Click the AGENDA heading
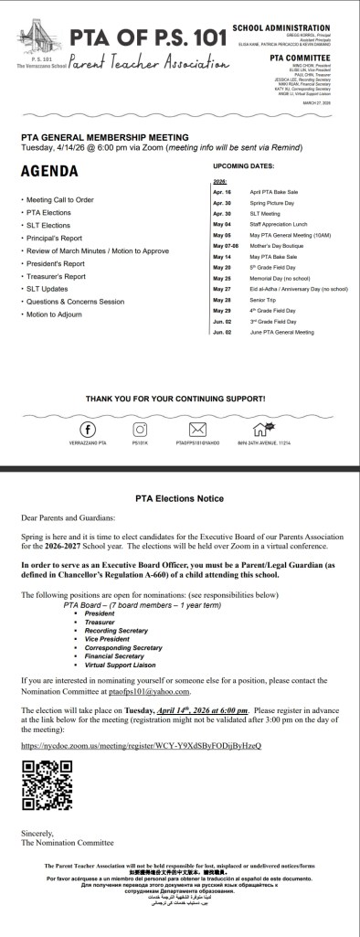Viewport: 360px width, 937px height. pyautogui.click(x=49, y=171)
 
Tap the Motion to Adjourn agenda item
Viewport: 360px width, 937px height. pyautogui.click(x=54, y=314)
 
